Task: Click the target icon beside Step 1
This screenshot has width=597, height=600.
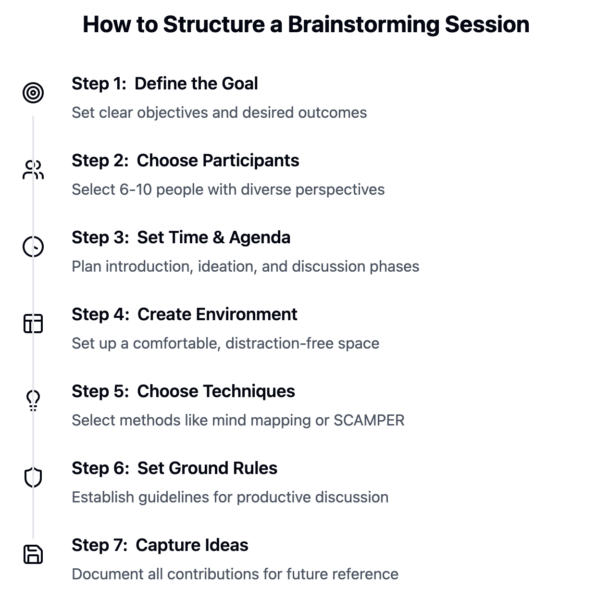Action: tap(33, 93)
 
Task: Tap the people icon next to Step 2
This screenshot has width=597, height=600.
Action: tap(33, 170)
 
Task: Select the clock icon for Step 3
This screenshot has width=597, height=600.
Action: tap(33, 247)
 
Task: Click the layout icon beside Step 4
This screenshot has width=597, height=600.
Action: tap(33, 324)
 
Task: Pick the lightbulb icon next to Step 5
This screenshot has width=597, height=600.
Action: tap(33, 401)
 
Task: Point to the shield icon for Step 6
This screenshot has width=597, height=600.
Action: tap(33, 478)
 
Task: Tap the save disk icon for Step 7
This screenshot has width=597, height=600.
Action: tap(33, 555)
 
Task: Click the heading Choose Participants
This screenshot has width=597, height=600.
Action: tap(218, 161)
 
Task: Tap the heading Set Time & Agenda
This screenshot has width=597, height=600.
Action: tap(213, 238)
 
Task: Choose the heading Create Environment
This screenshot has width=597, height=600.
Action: tap(217, 315)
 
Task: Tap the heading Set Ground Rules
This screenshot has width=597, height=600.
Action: tap(207, 468)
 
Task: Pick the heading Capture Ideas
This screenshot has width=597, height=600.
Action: tap(192, 545)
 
